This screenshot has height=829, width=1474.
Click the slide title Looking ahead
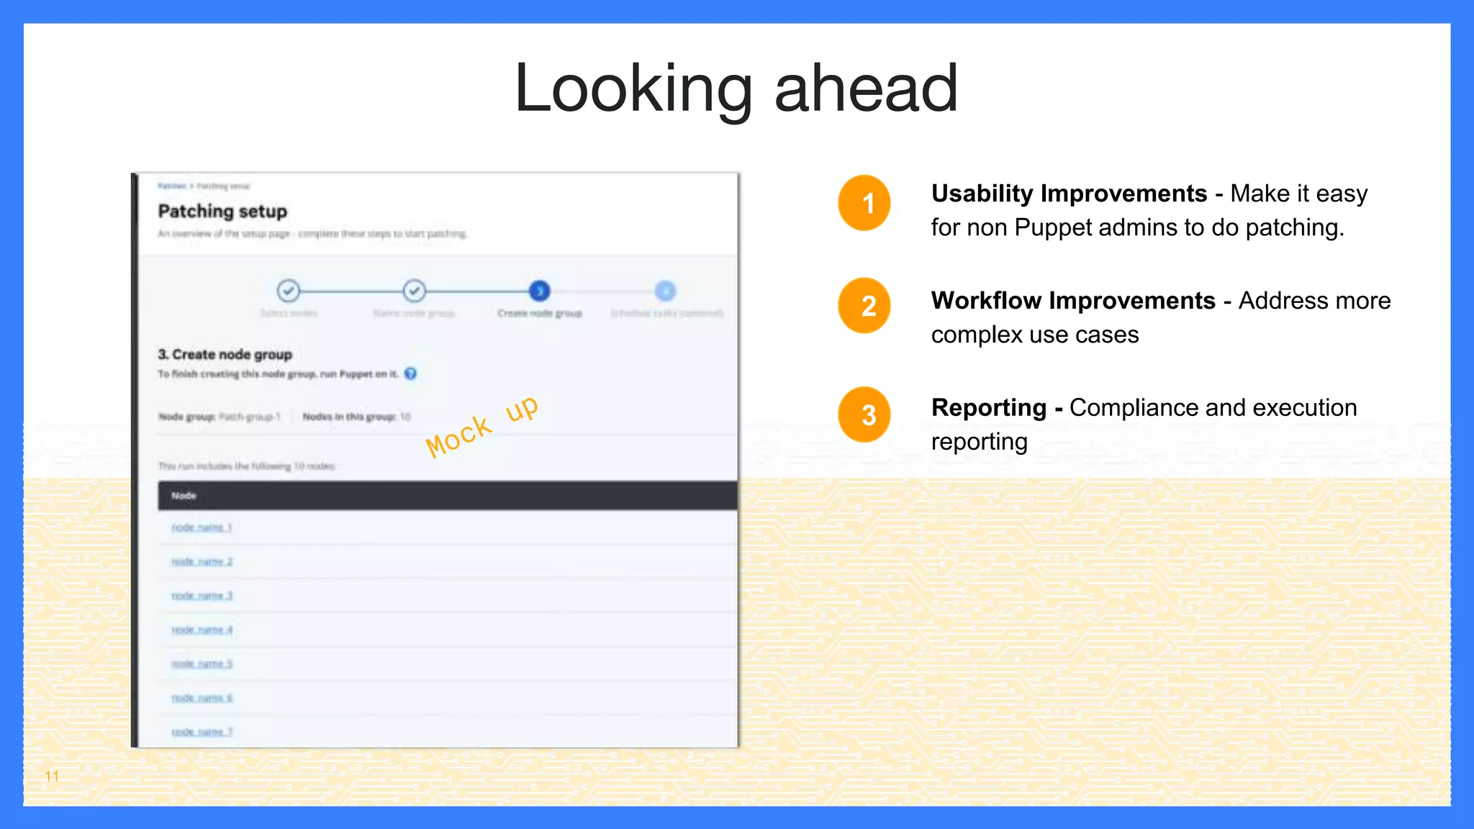pyautogui.click(x=736, y=89)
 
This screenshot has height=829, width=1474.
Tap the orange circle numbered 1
pyautogui.click(x=864, y=203)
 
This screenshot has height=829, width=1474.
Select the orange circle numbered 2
pyautogui.click(x=864, y=305)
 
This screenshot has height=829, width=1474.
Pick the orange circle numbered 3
pyautogui.click(x=864, y=414)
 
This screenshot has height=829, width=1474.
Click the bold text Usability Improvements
pyautogui.click(x=1069, y=194)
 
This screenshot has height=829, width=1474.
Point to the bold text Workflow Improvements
pyautogui.click(x=1073, y=300)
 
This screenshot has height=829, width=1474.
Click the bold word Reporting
pyautogui.click(x=989, y=407)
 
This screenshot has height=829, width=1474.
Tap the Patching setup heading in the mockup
pyautogui.click(x=222, y=212)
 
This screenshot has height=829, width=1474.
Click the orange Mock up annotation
pyautogui.click(x=481, y=426)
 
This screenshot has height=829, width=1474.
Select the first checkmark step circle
pyautogui.click(x=289, y=291)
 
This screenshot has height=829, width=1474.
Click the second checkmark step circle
pyautogui.click(x=415, y=291)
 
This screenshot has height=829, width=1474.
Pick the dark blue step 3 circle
pyautogui.click(x=539, y=291)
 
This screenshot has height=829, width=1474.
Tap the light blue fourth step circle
pyautogui.click(x=666, y=291)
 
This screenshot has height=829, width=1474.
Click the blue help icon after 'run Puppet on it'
pyautogui.click(x=410, y=373)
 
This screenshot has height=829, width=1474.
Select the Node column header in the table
pyautogui.click(x=184, y=496)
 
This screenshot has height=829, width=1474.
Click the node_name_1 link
pyautogui.click(x=202, y=527)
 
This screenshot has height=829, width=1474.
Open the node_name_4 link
pyautogui.click(x=202, y=630)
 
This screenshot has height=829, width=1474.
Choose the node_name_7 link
pyautogui.click(x=202, y=732)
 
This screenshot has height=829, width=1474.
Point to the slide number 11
pyautogui.click(x=52, y=776)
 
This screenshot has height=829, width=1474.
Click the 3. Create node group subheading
pyautogui.click(x=225, y=354)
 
